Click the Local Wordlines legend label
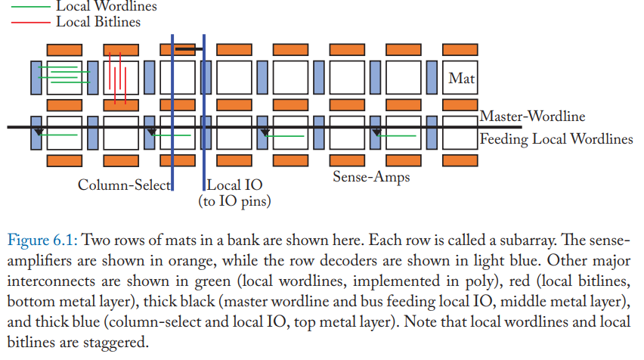107,6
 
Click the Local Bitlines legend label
98,22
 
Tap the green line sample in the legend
30,7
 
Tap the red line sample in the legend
30,22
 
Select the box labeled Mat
460,78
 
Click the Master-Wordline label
532,116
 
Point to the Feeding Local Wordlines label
556,139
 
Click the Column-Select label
124,185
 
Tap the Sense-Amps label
371,177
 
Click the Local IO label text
234,185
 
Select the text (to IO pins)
234,201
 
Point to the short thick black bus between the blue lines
188,49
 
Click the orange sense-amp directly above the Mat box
460,50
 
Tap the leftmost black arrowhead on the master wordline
39,132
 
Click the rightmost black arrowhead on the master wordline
376,132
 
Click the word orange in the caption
190,261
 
